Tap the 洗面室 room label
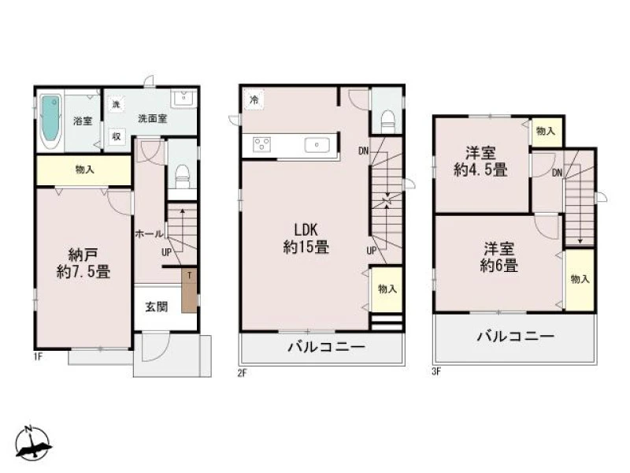[x=152, y=119]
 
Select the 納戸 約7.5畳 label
[x=83, y=263]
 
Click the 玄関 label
[x=156, y=307]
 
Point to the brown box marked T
[x=189, y=290]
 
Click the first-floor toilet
[x=183, y=176]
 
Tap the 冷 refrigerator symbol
[x=254, y=99]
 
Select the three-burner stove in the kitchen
[x=261, y=145]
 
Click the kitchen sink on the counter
[x=317, y=145]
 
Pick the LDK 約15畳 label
[x=306, y=239]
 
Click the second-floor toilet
[x=387, y=121]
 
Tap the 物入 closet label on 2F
[x=387, y=289]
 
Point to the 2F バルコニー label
[x=327, y=347]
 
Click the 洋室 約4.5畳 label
[x=480, y=162]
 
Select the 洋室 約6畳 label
[x=498, y=258]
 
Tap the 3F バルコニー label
[x=516, y=336]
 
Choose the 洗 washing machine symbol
[x=116, y=105]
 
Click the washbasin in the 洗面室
[x=183, y=98]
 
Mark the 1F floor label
[x=38, y=356]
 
